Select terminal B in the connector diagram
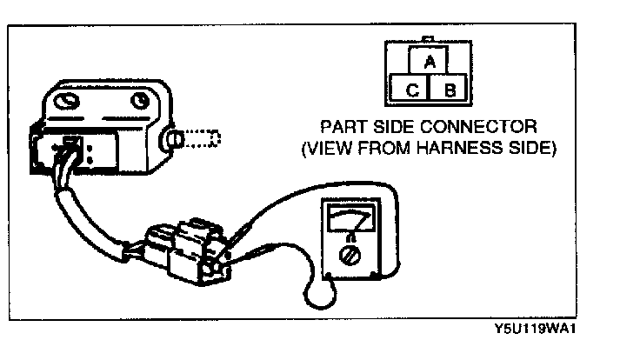tap(450, 88)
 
